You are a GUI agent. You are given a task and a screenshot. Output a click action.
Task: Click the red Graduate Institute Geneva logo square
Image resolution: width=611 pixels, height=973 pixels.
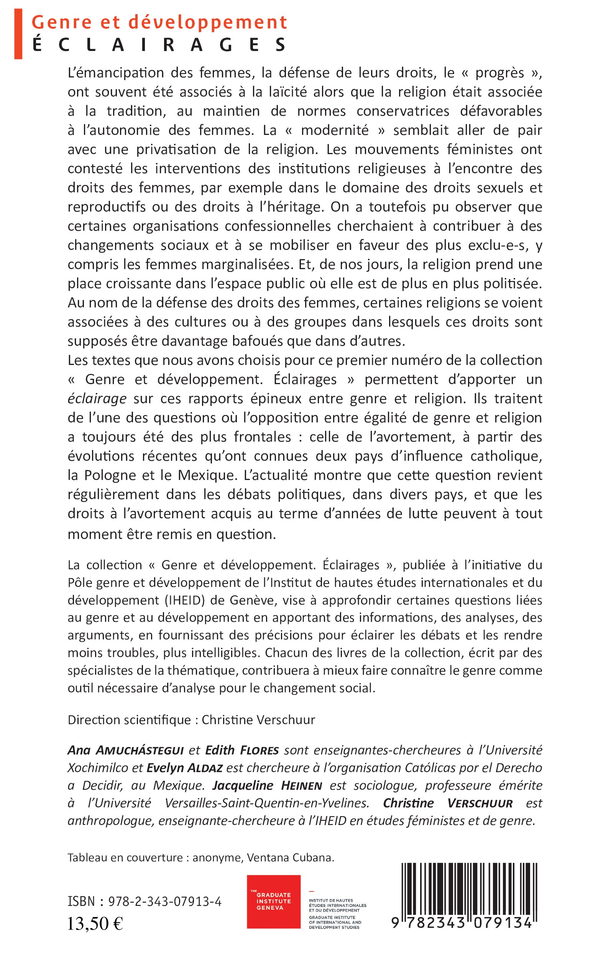[x=274, y=901]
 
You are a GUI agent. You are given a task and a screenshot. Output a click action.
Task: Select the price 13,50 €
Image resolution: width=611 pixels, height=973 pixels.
[x=95, y=924]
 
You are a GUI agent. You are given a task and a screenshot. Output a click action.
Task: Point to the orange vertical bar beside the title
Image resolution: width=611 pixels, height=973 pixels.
[x=18, y=35]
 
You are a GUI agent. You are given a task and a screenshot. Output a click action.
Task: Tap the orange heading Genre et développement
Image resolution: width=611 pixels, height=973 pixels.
[x=159, y=22]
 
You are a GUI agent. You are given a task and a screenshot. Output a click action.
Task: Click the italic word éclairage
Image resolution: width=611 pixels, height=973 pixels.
[x=97, y=399]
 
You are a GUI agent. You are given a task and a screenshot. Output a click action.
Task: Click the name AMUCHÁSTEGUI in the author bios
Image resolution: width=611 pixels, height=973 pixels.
[x=140, y=750]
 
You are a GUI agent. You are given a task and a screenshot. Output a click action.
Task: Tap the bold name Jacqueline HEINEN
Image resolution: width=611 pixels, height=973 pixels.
[x=267, y=786]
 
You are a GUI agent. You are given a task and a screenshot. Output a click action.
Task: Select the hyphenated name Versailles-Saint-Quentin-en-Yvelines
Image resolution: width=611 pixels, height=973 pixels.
[x=267, y=803]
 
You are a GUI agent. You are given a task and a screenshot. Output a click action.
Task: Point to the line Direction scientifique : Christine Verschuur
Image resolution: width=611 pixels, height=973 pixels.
[x=191, y=720]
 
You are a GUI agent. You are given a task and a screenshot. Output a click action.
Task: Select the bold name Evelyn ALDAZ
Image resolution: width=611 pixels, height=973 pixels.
[x=184, y=768]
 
